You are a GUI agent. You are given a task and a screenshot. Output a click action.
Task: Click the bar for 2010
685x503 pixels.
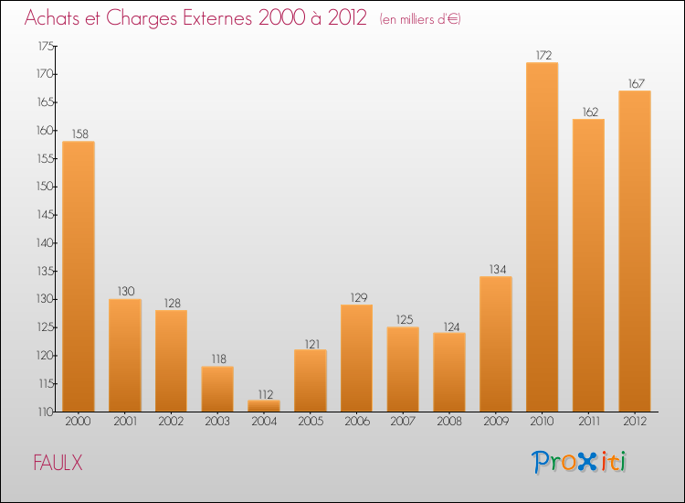542,238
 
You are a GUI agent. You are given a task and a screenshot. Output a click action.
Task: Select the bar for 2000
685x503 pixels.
79,276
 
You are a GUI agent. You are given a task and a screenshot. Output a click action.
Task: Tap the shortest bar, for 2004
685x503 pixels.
264,406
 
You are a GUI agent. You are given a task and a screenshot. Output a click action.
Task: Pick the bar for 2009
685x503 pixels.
495,344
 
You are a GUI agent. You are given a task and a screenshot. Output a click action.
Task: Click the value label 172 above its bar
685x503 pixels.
542,55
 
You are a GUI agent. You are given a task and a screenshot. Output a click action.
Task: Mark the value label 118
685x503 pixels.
217,359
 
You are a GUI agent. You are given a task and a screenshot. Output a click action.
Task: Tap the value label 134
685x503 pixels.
495,269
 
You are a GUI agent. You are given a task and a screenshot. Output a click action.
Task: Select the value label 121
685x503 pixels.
310,342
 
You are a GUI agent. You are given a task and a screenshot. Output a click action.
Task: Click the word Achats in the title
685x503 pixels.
56,18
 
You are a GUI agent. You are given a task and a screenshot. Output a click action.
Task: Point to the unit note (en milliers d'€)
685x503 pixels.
419,19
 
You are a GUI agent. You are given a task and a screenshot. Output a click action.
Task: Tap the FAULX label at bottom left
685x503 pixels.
57,464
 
